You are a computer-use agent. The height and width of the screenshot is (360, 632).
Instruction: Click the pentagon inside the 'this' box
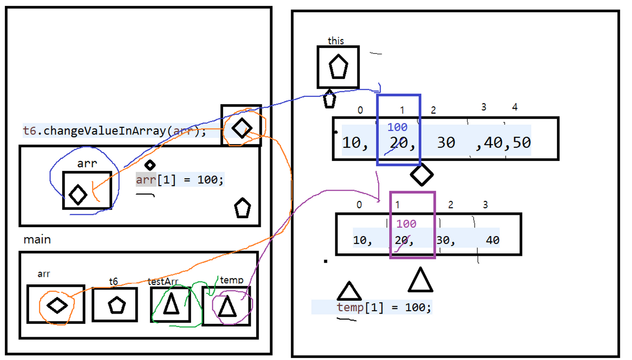tap(338, 67)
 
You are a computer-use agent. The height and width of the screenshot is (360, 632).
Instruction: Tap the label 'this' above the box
tap(336, 41)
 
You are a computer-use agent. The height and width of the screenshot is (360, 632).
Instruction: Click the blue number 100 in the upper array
tap(397, 128)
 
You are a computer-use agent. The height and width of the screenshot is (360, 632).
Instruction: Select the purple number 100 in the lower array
tap(406, 224)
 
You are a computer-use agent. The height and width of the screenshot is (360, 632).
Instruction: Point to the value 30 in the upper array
tap(446, 142)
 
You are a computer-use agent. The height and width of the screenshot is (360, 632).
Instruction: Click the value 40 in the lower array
tap(492, 241)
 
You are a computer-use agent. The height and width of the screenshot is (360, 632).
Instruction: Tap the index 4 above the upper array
tap(514, 107)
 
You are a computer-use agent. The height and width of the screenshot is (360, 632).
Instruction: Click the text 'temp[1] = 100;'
tap(384, 308)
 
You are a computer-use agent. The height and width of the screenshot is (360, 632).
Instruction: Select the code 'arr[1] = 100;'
tap(180, 180)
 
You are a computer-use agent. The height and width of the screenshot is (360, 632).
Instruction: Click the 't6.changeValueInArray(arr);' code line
tap(114, 131)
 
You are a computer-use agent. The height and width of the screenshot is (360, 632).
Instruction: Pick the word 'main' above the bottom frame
tap(37, 240)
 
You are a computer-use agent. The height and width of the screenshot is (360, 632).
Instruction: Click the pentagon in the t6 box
tap(115, 305)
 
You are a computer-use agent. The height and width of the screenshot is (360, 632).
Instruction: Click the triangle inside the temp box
tap(227, 306)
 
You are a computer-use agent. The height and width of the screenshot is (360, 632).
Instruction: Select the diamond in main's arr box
tap(56, 305)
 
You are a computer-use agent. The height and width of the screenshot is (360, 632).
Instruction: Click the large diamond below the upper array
tap(422, 174)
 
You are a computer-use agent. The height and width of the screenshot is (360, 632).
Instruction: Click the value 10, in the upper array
tap(355, 143)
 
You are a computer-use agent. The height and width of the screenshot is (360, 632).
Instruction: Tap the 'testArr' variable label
tap(162, 281)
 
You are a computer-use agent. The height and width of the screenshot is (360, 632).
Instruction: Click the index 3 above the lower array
tap(485, 204)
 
